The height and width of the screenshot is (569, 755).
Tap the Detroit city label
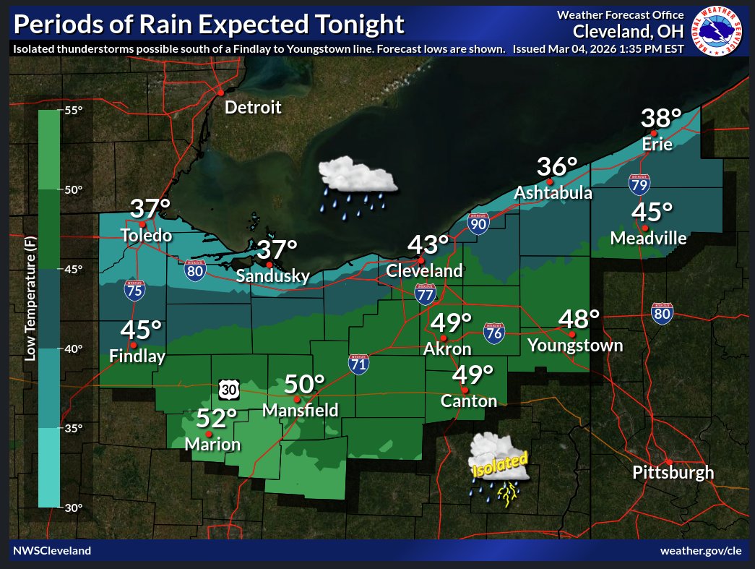point(253,108)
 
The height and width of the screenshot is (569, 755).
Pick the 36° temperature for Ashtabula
point(557,167)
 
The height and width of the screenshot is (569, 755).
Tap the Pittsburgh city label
point(673,473)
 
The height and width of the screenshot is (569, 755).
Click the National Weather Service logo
point(719,30)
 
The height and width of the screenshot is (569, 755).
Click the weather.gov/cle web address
point(701,551)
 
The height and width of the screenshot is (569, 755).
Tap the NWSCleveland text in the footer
point(52,551)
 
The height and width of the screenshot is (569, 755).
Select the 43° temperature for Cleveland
point(428,245)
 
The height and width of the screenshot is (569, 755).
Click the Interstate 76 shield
point(494,332)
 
